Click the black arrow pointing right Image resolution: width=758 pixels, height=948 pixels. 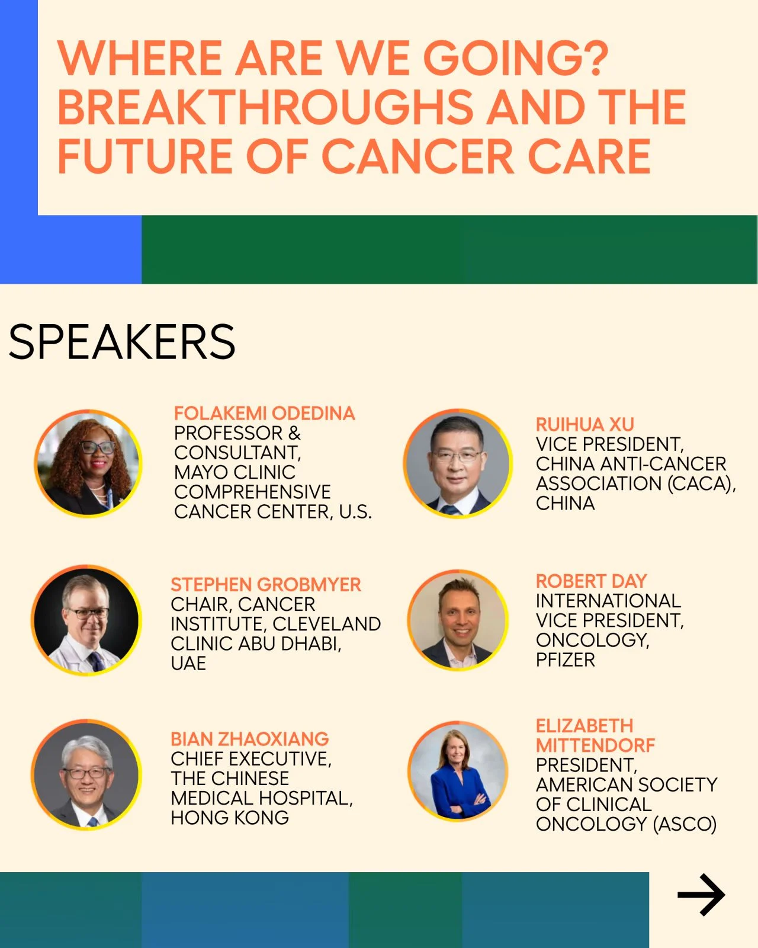pyautogui.click(x=701, y=895)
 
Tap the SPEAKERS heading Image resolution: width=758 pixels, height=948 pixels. pyautogui.click(x=122, y=342)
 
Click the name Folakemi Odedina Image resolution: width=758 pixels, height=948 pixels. pyautogui.click(x=264, y=413)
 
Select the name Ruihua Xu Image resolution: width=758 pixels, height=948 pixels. pyautogui.click(x=585, y=424)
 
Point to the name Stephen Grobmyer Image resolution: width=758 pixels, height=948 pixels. pyautogui.click(x=265, y=585)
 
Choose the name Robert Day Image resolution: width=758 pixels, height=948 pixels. pyautogui.click(x=591, y=581)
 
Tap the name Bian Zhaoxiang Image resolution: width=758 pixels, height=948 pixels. pyautogui.click(x=250, y=739)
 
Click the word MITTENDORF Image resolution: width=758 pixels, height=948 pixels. pyautogui.click(x=596, y=745)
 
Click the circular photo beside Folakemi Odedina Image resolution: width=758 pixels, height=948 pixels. pyautogui.click(x=88, y=463)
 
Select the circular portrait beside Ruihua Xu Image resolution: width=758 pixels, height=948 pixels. pyautogui.click(x=458, y=463)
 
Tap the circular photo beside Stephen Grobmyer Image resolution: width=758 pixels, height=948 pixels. pyautogui.click(x=86, y=620)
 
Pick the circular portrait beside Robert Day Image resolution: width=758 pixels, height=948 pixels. pyautogui.click(x=458, y=620)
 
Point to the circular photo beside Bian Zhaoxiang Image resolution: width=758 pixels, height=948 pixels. pyautogui.click(x=86, y=775)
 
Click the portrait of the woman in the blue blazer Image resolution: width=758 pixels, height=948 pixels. pyautogui.click(x=458, y=771)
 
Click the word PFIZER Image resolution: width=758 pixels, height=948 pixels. pyautogui.click(x=566, y=659)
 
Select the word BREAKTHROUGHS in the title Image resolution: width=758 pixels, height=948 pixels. pyautogui.click(x=265, y=107)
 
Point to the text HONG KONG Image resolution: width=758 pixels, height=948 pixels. pyautogui.click(x=230, y=818)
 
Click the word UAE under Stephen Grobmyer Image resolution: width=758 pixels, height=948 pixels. pyautogui.click(x=188, y=663)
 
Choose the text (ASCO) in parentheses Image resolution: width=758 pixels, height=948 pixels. pyautogui.click(x=685, y=824)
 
